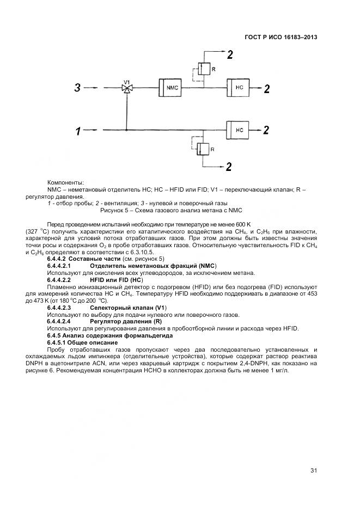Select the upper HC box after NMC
coord(239,88)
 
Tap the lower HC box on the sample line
coord(239,130)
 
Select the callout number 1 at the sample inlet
coord(78,131)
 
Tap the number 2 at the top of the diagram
coord(230,54)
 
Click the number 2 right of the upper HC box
coord(266,89)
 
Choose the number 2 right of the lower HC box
coord(266,130)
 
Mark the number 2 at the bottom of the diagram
coord(229,166)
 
